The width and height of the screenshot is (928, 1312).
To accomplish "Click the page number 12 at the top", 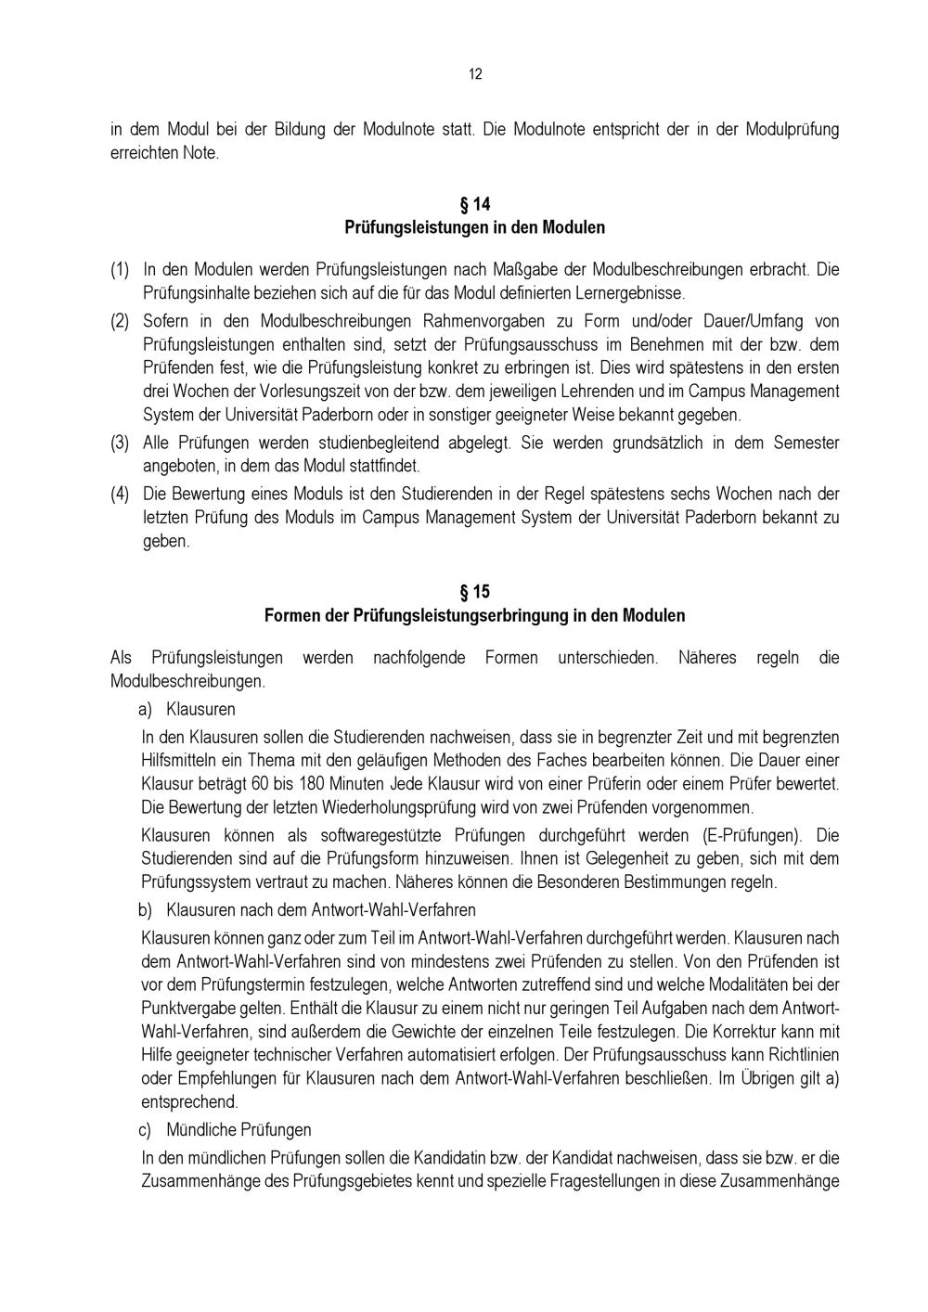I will [x=475, y=74].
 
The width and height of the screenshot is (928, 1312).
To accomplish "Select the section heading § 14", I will [x=475, y=203].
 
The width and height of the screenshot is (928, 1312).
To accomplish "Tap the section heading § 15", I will [x=475, y=591].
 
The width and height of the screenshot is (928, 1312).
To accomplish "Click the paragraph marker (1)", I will [x=120, y=270].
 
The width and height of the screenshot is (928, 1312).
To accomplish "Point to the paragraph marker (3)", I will [x=120, y=443].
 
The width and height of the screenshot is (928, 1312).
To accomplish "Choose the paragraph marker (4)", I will [x=120, y=494].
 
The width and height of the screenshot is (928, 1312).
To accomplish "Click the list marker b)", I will [x=146, y=909].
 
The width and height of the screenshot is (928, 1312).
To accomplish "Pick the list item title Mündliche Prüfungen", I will [x=238, y=1129].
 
